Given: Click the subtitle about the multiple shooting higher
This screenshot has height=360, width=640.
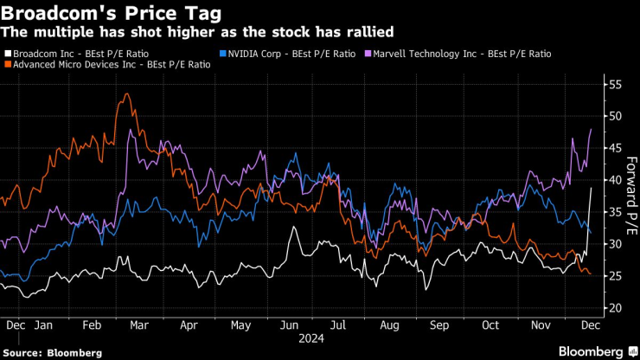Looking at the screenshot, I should point(198,32).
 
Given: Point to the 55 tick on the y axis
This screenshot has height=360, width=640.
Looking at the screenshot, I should point(615,85).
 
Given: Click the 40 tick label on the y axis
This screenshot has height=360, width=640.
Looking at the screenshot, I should point(615,180).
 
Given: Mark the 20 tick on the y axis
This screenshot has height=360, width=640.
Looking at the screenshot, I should point(615,308).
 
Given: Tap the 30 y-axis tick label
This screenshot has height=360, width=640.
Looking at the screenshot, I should point(615,244).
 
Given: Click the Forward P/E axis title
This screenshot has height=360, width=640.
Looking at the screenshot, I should point(630,196).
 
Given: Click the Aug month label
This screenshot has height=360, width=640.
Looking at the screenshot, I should point(390,325).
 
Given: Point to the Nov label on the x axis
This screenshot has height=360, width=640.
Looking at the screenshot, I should point(541,325).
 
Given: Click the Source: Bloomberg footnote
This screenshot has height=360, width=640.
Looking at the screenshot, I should point(52,352).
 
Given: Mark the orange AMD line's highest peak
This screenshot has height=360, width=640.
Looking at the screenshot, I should point(127,93).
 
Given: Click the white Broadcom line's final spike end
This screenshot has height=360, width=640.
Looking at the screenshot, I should point(591,188).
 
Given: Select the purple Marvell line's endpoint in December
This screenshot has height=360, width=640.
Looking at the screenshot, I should point(591,129).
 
